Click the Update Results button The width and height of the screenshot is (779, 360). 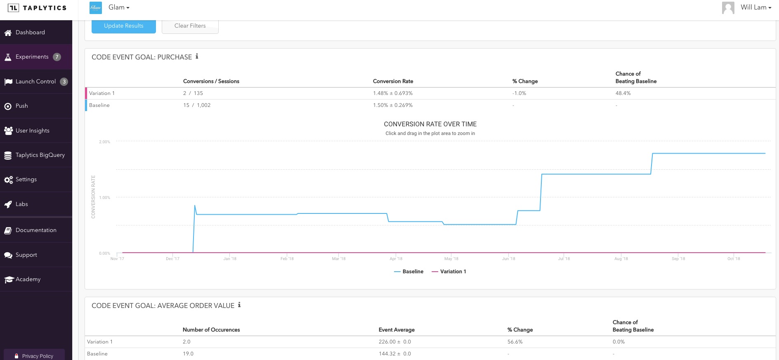point(123,26)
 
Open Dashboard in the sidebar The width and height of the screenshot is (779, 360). point(30,33)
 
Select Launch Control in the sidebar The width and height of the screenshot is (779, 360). point(35,82)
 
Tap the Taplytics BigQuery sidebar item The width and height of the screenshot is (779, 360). point(40,155)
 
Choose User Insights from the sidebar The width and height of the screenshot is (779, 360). point(32,131)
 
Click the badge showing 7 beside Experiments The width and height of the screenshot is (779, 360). point(57,57)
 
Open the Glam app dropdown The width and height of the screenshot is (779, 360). point(119,8)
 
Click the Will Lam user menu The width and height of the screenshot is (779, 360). point(755,7)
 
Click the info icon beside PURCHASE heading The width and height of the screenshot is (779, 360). point(197,57)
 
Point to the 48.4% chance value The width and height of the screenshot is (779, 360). point(623,93)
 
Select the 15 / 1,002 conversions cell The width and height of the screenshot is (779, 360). point(197,105)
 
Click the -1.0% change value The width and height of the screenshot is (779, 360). point(519,93)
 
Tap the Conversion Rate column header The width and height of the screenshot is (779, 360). point(393,81)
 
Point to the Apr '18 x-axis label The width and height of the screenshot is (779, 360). point(396,259)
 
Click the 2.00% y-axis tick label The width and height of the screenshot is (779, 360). point(104,142)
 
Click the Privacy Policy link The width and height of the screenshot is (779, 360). point(38,356)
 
